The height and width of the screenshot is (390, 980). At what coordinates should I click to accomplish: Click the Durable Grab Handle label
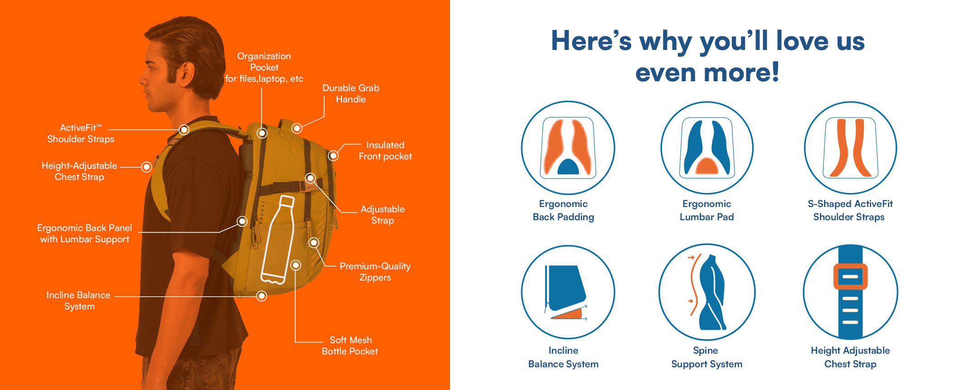click(351, 94)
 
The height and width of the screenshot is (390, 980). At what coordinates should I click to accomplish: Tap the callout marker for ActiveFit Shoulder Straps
click(184, 130)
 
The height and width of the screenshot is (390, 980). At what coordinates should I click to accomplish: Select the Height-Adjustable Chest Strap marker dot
click(146, 167)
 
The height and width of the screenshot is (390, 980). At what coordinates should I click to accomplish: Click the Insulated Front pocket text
click(385, 151)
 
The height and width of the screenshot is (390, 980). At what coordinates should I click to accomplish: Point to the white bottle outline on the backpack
click(278, 239)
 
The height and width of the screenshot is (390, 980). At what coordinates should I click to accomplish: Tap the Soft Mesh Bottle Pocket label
click(350, 346)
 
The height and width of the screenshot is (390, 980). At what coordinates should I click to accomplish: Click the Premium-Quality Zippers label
click(375, 272)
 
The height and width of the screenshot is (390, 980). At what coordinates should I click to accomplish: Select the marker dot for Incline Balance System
click(261, 296)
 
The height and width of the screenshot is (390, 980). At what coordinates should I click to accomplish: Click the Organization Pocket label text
click(264, 67)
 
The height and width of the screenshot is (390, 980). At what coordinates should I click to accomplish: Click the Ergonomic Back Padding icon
click(568, 148)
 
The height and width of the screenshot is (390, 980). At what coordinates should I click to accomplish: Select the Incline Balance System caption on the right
click(563, 357)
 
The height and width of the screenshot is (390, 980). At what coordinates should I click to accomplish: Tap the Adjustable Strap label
click(382, 215)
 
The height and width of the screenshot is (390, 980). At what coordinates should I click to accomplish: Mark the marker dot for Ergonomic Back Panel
click(242, 221)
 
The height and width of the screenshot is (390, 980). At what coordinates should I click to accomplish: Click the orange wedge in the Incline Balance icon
click(570, 314)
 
